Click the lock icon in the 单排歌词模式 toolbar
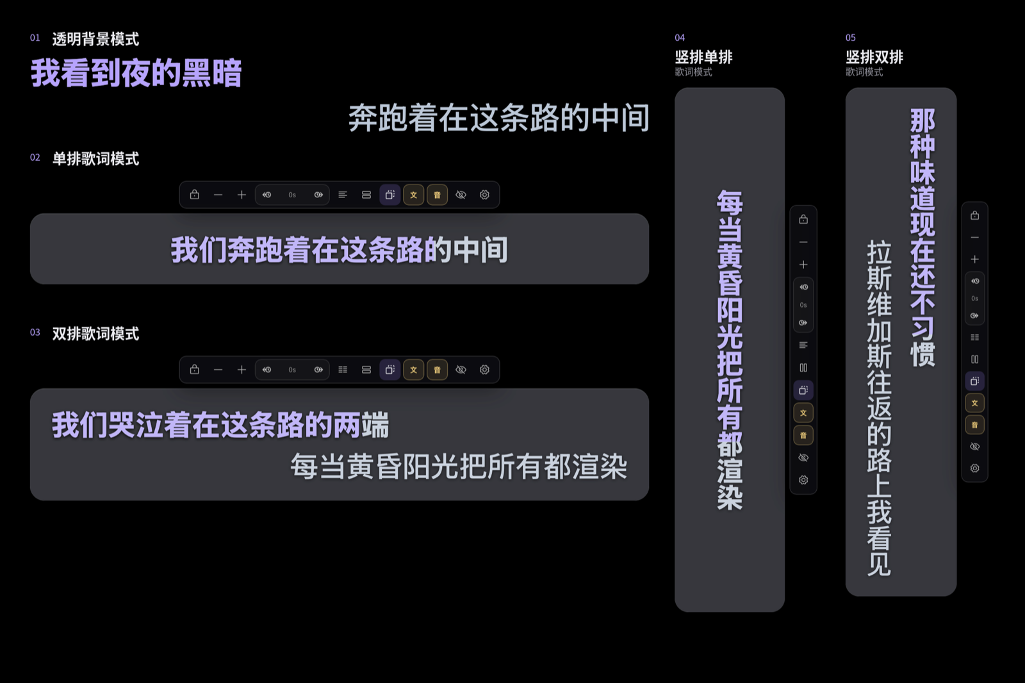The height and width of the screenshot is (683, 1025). tap(195, 195)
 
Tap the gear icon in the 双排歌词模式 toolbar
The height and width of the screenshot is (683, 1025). tap(484, 370)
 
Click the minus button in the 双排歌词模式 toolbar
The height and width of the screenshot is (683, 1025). tap(218, 370)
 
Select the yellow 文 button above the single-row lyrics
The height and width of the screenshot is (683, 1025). tap(414, 195)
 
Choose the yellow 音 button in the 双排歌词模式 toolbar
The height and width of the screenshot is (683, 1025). tap(438, 370)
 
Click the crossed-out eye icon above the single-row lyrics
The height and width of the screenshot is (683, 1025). tap(461, 195)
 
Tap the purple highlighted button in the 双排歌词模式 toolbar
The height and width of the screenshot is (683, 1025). tap(390, 370)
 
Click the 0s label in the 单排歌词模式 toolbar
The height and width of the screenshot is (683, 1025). tap(292, 195)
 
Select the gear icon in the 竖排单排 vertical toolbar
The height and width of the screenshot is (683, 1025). tap(803, 480)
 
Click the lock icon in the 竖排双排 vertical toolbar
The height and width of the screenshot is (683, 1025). tap(974, 215)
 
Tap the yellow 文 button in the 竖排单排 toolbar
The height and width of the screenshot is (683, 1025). tap(803, 413)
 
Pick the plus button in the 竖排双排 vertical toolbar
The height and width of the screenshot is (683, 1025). tap(974, 259)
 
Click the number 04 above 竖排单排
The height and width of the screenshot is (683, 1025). tap(680, 38)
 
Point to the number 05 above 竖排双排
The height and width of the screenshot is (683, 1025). tap(851, 38)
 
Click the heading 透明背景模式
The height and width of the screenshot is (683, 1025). tap(95, 39)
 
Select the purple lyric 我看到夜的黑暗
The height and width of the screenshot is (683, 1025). tap(136, 73)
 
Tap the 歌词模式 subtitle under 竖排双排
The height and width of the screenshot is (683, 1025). tap(864, 72)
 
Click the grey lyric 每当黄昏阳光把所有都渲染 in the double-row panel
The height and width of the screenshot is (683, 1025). tap(459, 466)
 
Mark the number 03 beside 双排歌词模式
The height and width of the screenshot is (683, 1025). tap(35, 333)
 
